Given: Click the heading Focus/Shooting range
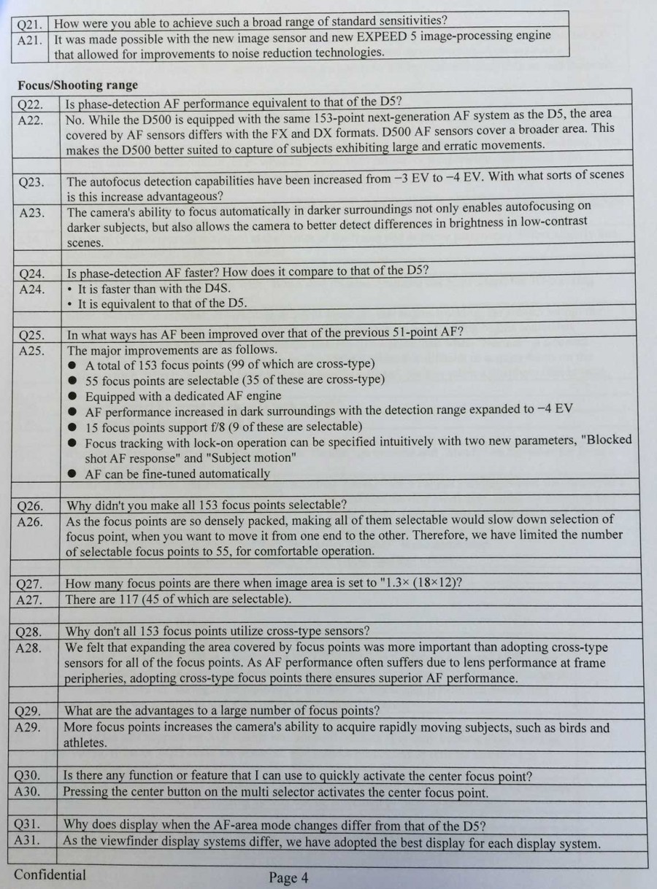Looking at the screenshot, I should pyautogui.click(x=78, y=85).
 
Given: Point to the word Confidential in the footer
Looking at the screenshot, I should pyautogui.click(x=50, y=874).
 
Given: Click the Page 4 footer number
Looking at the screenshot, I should pyautogui.click(x=288, y=877).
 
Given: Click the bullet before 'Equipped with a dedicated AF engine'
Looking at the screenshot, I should pyautogui.click(x=72, y=396).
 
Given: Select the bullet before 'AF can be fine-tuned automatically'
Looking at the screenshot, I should pyautogui.click(x=72, y=474).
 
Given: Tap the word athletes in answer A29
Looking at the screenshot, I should pyautogui.click(x=85, y=743).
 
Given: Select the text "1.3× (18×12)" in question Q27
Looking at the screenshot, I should pyautogui.click(x=419, y=583).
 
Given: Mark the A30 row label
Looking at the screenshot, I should pyautogui.click(x=28, y=791).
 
